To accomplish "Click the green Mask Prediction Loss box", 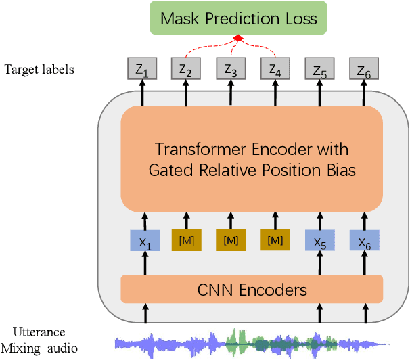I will pyautogui.click(x=238, y=18).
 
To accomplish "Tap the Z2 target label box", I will pyautogui.click(x=186, y=68).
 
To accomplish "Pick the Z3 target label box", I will pyautogui.click(x=231, y=68).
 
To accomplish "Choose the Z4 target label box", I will pyautogui.click(x=275, y=68).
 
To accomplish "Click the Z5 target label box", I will pyautogui.click(x=319, y=68).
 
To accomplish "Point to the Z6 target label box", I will pyautogui.click(x=364, y=68).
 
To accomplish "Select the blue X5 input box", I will pyautogui.click(x=319, y=241).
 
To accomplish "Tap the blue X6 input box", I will pyautogui.click(x=364, y=241).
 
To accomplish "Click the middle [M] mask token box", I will pyautogui.click(x=231, y=241).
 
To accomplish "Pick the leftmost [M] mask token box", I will pyautogui.click(x=186, y=241).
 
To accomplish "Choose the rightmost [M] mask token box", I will pyautogui.click(x=275, y=241).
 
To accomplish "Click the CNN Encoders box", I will pyautogui.click(x=252, y=290).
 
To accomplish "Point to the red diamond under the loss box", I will pyautogui.click(x=238, y=39).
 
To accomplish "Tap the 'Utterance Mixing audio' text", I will pyautogui.click(x=39, y=341).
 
